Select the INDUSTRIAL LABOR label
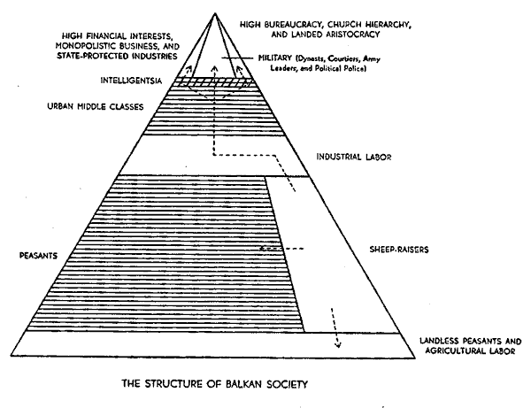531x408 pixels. [x=353, y=158]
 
